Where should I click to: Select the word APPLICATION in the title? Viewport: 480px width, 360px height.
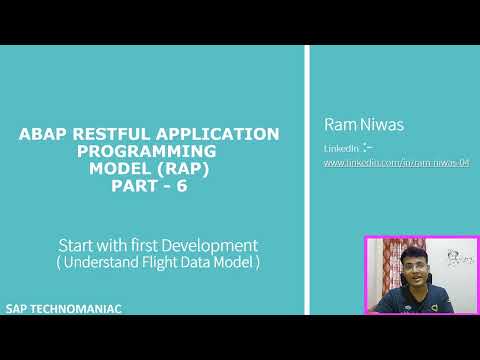click(226, 132)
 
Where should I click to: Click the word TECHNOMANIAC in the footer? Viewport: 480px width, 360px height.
click(81, 309)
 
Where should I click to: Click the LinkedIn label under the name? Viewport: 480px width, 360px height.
click(339, 148)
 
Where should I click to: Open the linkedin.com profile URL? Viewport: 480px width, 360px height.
click(396, 162)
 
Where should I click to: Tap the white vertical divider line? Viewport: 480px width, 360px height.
click(305, 180)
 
